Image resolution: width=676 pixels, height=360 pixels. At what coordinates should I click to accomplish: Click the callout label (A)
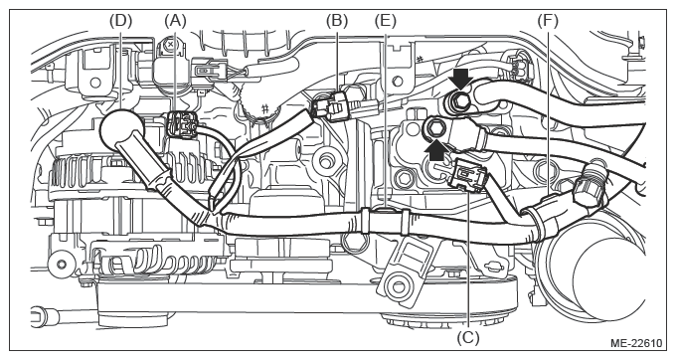pyautogui.click(x=175, y=20)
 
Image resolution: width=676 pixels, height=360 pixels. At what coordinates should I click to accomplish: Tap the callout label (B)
pyautogui.click(x=337, y=20)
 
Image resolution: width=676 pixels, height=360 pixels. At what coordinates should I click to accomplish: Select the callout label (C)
pyautogui.click(x=468, y=337)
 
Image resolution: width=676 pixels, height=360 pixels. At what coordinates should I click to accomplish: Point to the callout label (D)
pyautogui.click(x=120, y=20)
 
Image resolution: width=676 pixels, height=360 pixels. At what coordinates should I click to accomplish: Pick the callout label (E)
pyautogui.click(x=385, y=20)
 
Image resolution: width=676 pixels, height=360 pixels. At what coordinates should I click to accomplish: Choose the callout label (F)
pyautogui.click(x=548, y=20)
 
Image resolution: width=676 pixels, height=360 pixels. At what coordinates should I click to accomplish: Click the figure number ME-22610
pyautogui.click(x=636, y=343)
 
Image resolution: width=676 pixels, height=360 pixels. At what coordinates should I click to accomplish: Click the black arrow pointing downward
pyautogui.click(x=460, y=79)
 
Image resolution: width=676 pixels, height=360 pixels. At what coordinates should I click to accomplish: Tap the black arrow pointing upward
pyautogui.click(x=436, y=149)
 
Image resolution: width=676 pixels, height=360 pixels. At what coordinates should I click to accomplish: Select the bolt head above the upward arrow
pyautogui.click(x=433, y=127)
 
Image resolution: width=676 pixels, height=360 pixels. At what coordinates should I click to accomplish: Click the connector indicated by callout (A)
pyautogui.click(x=182, y=125)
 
